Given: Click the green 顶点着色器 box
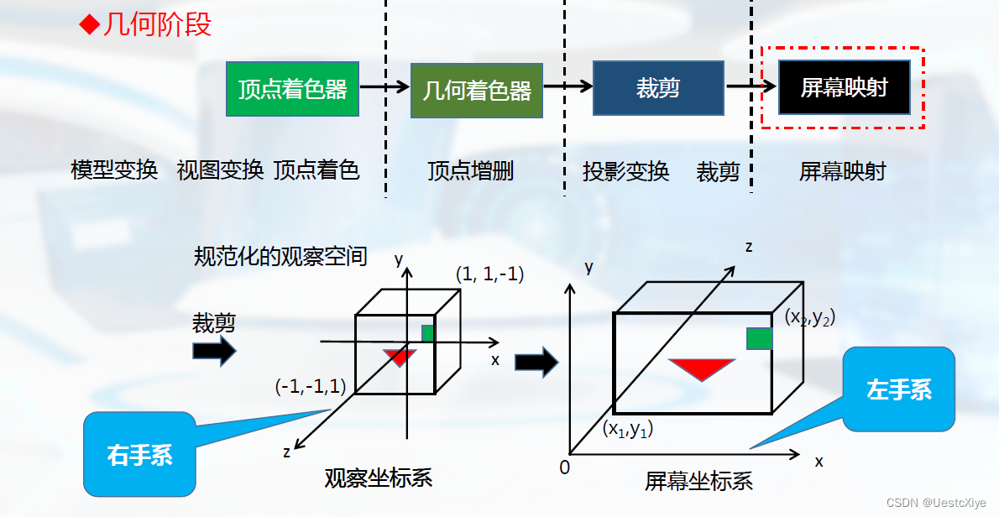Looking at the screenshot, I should pos(292,88).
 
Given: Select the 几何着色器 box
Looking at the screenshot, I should pos(477,89).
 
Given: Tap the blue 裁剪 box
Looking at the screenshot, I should pos(657,87).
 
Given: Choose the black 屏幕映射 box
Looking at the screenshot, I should pos(844,87).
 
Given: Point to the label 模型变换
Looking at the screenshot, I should pos(114,170).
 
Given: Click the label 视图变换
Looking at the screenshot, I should pos(220,170).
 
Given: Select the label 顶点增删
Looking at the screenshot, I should pos(470,171).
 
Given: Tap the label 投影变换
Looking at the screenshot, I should pos(625,171).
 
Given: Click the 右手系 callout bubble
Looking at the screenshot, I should pos(139,454).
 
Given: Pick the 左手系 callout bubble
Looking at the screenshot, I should pos(899,389).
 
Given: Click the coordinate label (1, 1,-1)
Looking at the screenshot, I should pos(490,274).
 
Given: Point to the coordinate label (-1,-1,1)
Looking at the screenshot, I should pos(310,386).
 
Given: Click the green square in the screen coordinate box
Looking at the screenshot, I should pos(759,338).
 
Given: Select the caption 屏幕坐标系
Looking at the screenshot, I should pos(698,481).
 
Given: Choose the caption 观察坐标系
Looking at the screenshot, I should pos(378,478).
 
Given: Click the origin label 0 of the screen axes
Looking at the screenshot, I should pos(564,467).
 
